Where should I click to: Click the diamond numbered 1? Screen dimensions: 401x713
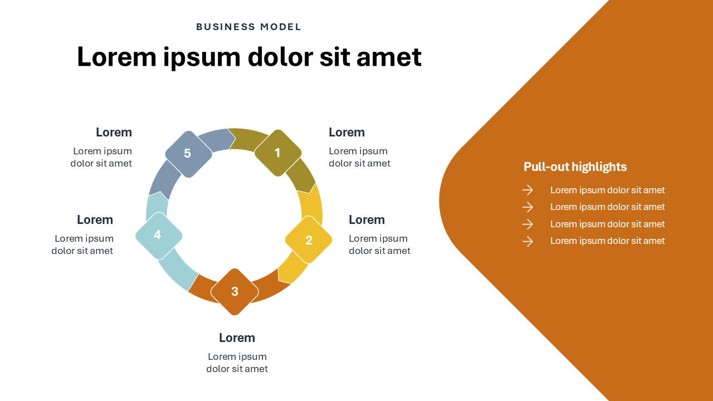tap(278, 153)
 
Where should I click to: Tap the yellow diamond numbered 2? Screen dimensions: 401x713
tap(309, 240)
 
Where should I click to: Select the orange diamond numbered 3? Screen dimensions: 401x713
tap(235, 291)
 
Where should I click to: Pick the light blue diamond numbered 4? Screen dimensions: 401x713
tap(158, 236)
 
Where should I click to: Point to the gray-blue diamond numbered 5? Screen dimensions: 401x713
tap(188, 154)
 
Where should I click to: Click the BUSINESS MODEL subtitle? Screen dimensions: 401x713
tap(248, 27)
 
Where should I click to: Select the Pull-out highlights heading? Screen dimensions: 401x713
tap(575, 167)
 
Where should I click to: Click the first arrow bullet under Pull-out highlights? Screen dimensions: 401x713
tap(528, 190)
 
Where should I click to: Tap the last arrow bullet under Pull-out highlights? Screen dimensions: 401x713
tap(528, 241)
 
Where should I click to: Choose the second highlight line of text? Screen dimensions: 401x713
tap(607, 207)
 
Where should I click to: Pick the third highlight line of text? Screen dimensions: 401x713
tap(607, 224)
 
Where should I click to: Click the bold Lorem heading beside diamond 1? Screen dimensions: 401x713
tap(346, 132)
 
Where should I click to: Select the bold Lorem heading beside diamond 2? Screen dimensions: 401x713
tap(367, 219)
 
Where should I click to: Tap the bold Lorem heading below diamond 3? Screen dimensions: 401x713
tap(237, 338)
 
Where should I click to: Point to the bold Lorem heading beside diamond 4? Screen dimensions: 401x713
tap(95, 219)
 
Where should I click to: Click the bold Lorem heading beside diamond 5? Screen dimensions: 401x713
tap(114, 132)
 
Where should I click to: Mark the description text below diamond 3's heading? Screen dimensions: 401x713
tap(237, 363)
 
